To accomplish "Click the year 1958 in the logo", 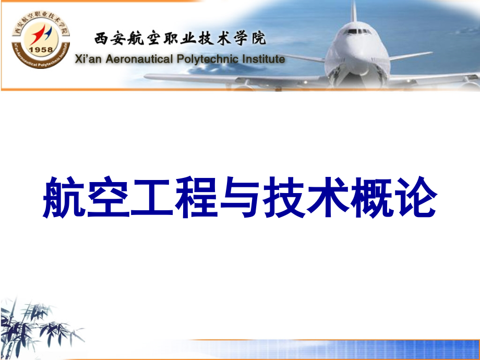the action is [x=41, y=50].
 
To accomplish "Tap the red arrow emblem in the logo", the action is [x=39, y=34].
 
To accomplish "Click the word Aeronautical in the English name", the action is [x=139, y=59].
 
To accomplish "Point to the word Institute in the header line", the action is [x=263, y=59].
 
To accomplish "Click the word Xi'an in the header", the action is [x=88, y=59].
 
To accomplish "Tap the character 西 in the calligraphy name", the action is [x=101, y=39].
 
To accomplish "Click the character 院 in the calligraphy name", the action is [x=259, y=39].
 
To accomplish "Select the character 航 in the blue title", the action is [x=64, y=197].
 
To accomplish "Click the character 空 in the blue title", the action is [x=109, y=197].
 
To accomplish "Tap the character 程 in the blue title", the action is [x=196, y=197].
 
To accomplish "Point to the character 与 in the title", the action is [x=240, y=197].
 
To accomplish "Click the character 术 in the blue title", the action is [x=328, y=197].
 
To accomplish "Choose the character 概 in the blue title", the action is [x=371, y=197].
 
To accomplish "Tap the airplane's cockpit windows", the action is [x=357, y=31].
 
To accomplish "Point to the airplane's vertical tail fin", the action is [x=354, y=11].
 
